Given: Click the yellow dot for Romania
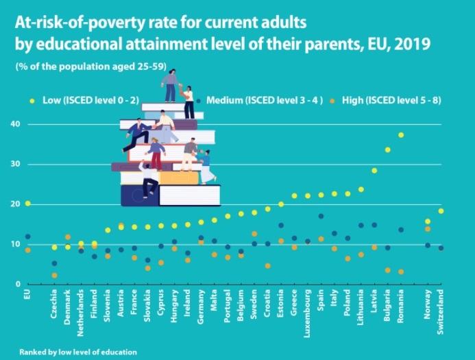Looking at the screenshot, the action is pyautogui.click(x=401, y=135).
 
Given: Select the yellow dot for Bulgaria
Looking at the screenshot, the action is pyautogui.click(x=387, y=149).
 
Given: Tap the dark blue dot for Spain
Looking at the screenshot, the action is pyautogui.click(x=321, y=216).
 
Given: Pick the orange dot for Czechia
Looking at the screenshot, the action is pyautogui.click(x=55, y=276).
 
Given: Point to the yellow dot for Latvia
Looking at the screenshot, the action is pyautogui.click(x=374, y=171).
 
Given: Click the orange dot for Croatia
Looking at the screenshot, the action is pyautogui.click(x=267, y=266).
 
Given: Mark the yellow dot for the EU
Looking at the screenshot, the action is pyautogui.click(x=27, y=204).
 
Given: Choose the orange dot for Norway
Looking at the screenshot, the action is pyautogui.click(x=428, y=229).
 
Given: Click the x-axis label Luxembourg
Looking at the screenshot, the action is pyautogui.click(x=307, y=313).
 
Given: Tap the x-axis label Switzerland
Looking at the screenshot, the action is pyautogui.click(x=441, y=312).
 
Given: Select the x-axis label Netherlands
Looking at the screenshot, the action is pyautogui.click(x=80, y=313).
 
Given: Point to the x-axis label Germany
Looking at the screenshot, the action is pyautogui.click(x=201, y=307).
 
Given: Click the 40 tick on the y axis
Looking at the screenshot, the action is pyautogui.click(x=16, y=124).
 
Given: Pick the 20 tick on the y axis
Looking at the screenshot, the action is pyautogui.click(x=16, y=204).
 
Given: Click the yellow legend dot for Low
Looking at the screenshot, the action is pyautogui.click(x=32, y=101).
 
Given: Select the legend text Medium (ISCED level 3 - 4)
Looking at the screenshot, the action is pyautogui.click(x=264, y=100).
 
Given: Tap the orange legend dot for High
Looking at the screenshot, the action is pyautogui.click(x=332, y=101).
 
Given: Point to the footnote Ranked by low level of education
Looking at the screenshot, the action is pyautogui.click(x=78, y=352).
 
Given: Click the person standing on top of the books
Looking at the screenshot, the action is pyautogui.click(x=171, y=86).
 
